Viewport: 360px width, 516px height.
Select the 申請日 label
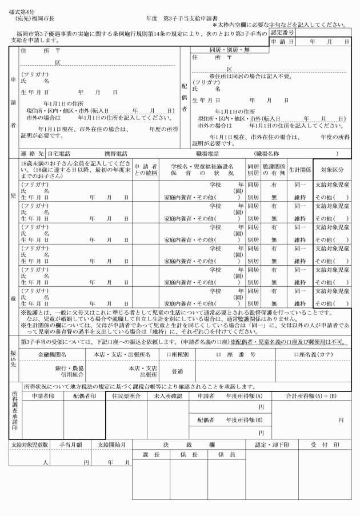(282, 42)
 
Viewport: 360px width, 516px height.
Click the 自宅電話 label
(59, 154)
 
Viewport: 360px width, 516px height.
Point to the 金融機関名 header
(51, 354)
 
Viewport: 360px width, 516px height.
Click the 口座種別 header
(173, 354)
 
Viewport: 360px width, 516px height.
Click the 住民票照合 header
(126, 396)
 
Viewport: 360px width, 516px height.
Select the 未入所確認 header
(168, 396)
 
